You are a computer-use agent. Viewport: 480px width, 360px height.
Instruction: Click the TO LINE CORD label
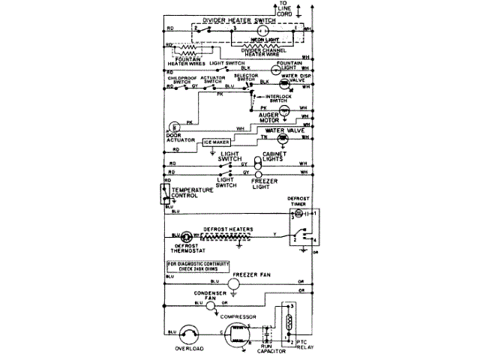click(x=284, y=9)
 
